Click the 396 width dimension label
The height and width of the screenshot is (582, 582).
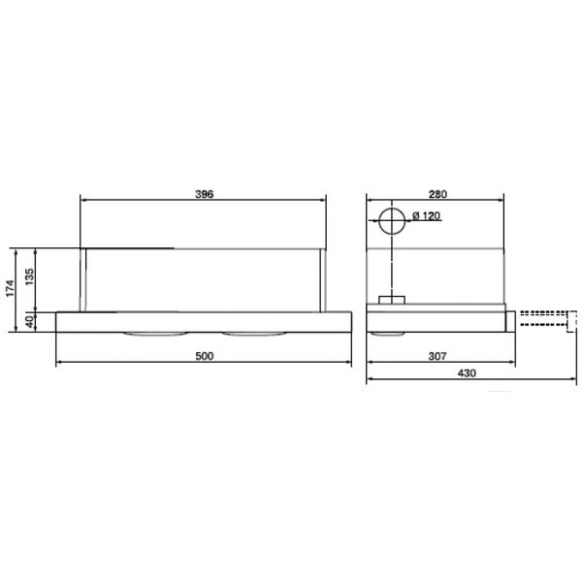click(x=205, y=194)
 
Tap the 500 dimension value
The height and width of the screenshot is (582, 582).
click(x=205, y=356)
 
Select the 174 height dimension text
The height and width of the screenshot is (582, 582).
click(x=10, y=288)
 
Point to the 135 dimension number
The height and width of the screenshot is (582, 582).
click(x=29, y=276)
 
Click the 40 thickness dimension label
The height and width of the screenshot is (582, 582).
click(x=30, y=321)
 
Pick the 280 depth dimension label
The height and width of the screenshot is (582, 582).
click(x=438, y=194)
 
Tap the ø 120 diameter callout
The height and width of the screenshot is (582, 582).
click(x=426, y=215)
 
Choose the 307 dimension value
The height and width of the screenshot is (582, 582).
click(x=437, y=356)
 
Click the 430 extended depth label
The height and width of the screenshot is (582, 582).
click(x=467, y=373)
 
